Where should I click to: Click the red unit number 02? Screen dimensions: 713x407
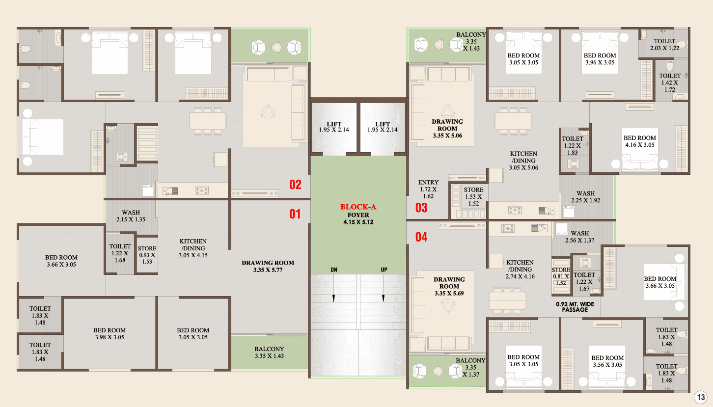tap(295, 185)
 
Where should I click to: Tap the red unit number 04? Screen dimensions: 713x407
tap(421, 237)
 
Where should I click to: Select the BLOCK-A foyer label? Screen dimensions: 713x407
tap(358, 215)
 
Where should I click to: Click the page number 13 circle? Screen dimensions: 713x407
tap(701, 397)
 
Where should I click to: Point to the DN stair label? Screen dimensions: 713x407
tap(333, 270)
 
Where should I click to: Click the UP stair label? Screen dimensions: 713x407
tap(384, 270)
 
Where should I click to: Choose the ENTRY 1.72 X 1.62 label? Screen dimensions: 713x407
tap(428, 190)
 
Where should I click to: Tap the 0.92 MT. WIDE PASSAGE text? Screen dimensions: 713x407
tap(575, 307)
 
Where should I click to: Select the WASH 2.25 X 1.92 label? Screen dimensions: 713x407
tap(585, 197)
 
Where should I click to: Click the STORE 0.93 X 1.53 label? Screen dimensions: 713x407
tap(147, 255)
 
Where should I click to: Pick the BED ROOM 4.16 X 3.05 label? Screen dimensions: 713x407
tap(639, 141)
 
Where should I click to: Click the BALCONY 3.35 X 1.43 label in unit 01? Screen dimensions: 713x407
tap(269, 353)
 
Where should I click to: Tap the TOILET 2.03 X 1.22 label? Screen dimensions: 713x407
tap(664, 45)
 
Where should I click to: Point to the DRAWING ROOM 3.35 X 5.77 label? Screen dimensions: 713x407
tap(268, 267)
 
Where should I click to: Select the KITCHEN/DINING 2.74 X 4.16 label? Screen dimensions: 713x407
tap(520, 269)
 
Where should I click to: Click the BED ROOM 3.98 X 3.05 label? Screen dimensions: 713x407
tap(110, 333)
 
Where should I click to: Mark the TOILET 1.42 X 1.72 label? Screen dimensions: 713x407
tap(670, 83)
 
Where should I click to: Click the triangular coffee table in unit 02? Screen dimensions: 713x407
tap(268, 112)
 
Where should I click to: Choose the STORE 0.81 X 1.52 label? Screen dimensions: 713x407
tap(561, 276)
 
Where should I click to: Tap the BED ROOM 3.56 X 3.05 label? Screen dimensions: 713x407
tap(607, 361)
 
